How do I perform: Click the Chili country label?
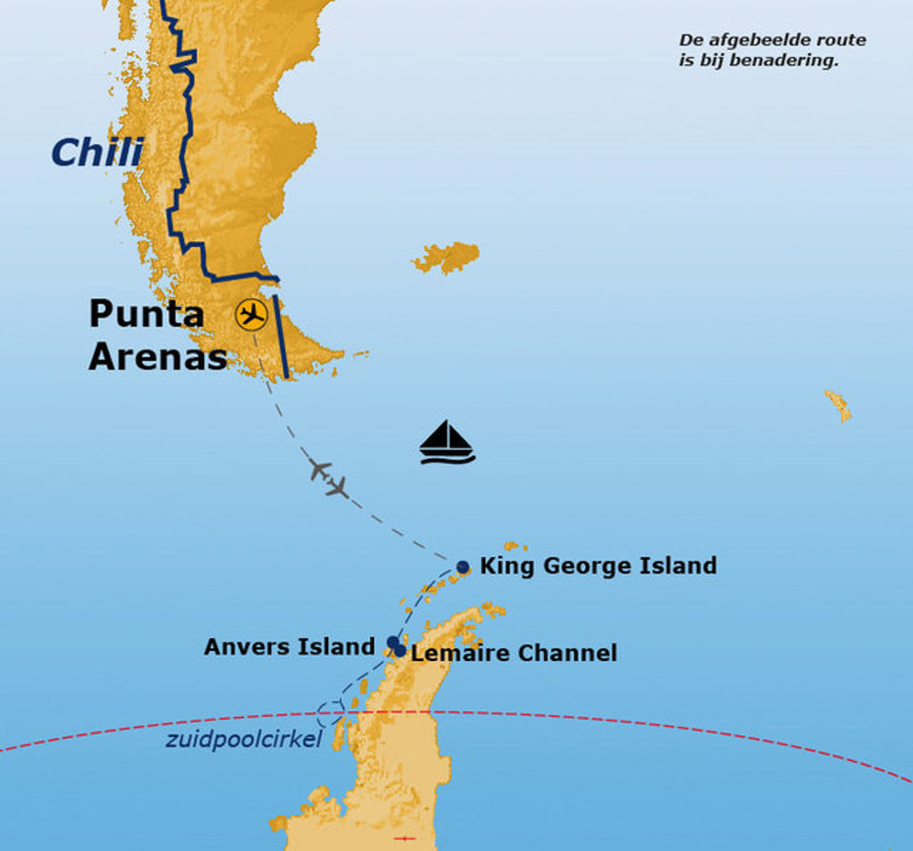pos(96,153)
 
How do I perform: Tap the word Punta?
pos(146,314)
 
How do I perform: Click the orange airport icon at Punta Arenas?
pos(252,315)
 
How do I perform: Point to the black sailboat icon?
pos(447,442)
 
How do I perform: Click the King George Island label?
pos(597,566)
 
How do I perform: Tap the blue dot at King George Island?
pos(463,567)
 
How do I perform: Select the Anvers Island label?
pos(289,647)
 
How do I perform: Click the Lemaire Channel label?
pos(514,653)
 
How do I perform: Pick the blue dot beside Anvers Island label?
pos(393,642)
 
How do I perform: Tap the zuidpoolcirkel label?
pos(243,739)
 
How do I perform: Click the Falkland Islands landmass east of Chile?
pos(447,257)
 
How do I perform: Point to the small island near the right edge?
pos(838,406)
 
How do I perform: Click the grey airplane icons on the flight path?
pos(328,478)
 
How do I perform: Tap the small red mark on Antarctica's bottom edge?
pos(405,839)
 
